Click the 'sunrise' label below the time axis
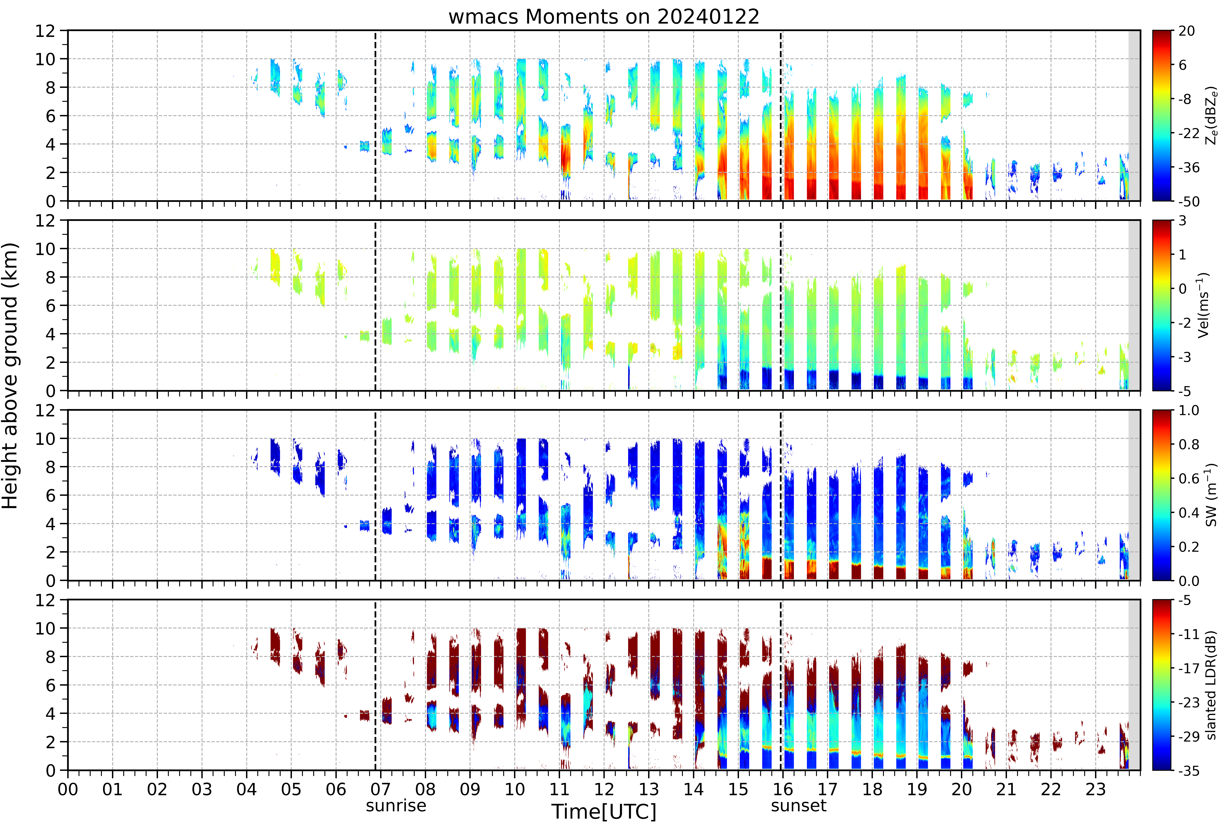[x=396, y=806]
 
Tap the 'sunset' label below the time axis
[x=798, y=806]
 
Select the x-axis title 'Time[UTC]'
[x=604, y=811]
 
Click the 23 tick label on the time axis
[x=1096, y=789]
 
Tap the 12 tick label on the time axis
[x=604, y=789]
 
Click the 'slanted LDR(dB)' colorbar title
[x=1211, y=685]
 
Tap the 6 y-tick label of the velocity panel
[x=51, y=305]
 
